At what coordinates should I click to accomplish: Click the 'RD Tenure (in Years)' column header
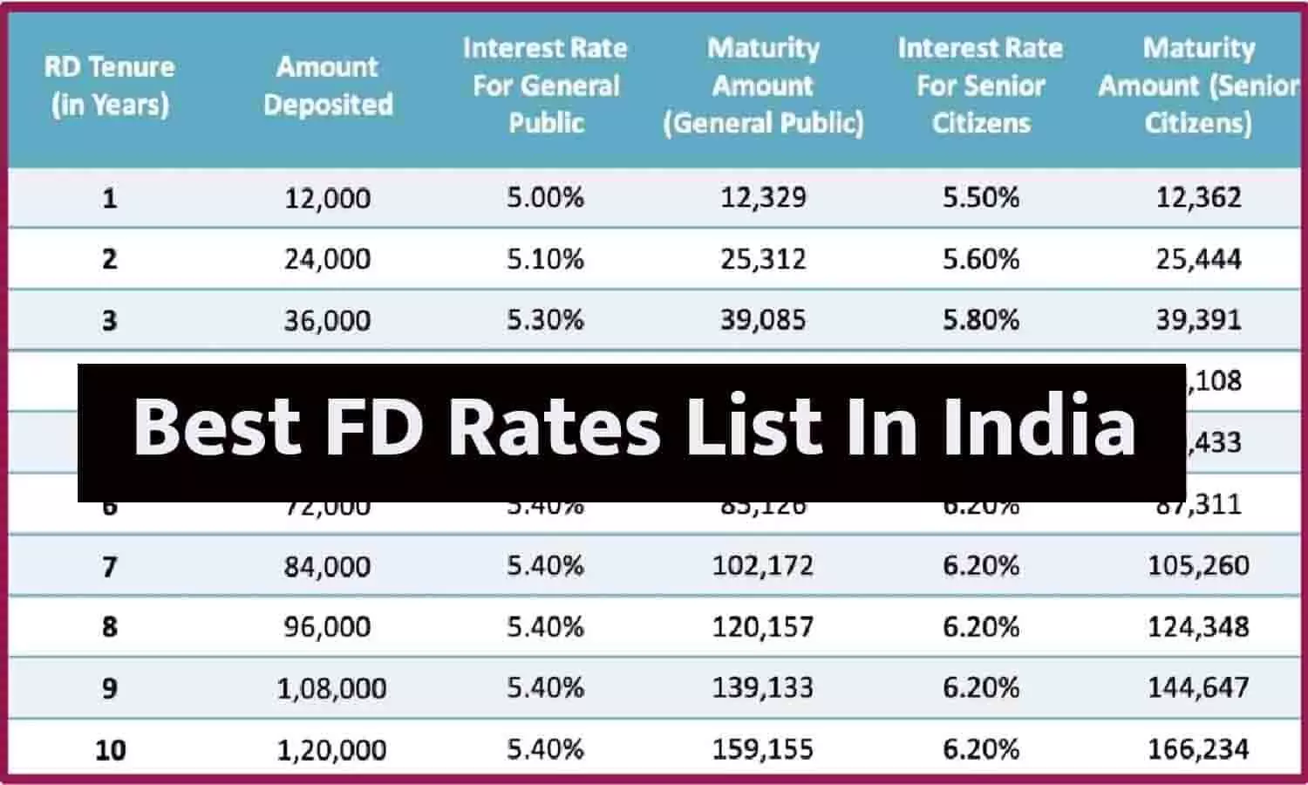[x=110, y=85]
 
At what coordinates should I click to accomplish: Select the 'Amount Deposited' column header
[x=328, y=85]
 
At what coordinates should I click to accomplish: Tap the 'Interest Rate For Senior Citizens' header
[x=981, y=85]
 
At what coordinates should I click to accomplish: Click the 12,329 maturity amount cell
[x=763, y=197]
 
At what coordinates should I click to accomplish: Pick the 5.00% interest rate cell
[x=546, y=197]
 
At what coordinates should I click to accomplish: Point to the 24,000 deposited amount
[x=328, y=259]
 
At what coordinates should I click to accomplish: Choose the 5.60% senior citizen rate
[x=981, y=259]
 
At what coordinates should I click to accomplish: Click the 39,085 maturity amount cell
[x=763, y=320]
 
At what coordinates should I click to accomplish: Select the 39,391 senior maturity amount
[x=1198, y=320]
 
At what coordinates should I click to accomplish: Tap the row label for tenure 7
[x=110, y=567]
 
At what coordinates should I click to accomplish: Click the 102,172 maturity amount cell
[x=763, y=566]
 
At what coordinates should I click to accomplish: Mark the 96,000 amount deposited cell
[x=328, y=627]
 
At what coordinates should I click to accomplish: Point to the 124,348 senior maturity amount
[x=1198, y=627]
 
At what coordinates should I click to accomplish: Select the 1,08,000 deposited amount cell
[x=331, y=689]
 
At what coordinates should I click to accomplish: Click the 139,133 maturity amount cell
[x=763, y=688]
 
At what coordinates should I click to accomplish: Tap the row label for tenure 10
[x=111, y=750]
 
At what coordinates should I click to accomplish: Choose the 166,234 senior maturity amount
[x=1198, y=749]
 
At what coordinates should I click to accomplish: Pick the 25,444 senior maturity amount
[x=1198, y=259]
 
